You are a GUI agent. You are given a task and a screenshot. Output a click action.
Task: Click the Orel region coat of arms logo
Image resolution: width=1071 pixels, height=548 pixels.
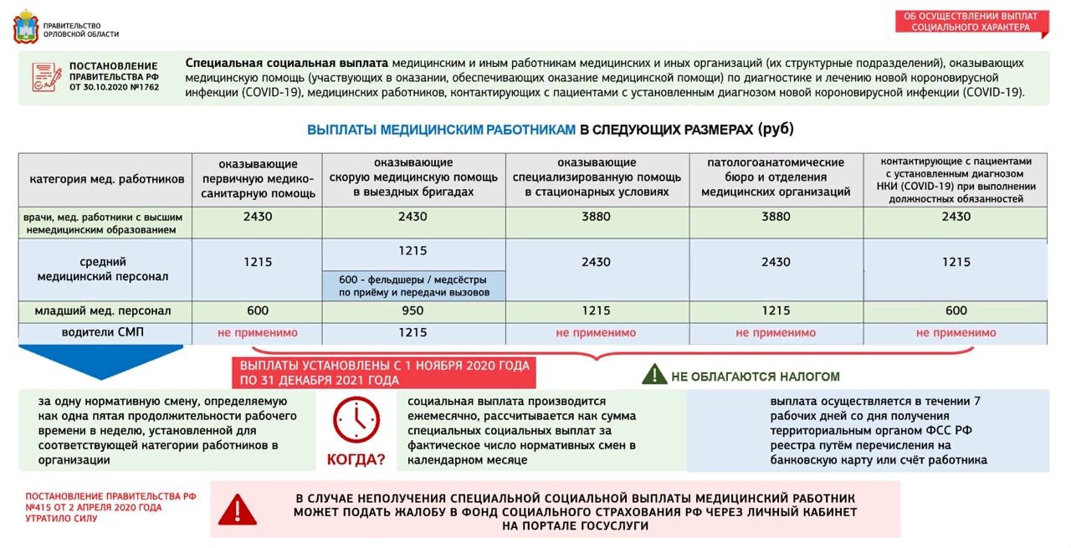(x=25, y=27)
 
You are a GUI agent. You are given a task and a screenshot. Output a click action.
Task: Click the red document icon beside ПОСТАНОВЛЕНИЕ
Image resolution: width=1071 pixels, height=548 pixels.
(x=46, y=77)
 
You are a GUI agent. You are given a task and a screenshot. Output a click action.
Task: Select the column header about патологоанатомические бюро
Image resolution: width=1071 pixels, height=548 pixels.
(x=776, y=177)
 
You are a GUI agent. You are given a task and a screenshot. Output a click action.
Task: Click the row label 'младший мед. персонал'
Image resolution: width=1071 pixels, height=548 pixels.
(x=103, y=311)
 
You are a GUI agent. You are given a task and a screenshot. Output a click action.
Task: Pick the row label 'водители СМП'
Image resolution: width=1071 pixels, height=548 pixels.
(x=103, y=332)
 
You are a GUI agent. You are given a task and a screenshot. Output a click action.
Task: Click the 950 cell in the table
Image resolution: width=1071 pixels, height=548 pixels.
(x=413, y=311)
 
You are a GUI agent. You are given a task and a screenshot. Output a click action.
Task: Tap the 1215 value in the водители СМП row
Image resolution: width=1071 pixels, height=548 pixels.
(x=413, y=333)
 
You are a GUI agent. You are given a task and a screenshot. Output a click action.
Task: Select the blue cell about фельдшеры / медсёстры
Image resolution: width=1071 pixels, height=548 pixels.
(x=413, y=285)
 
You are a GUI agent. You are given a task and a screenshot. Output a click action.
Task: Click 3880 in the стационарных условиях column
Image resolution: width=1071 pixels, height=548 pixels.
(x=597, y=217)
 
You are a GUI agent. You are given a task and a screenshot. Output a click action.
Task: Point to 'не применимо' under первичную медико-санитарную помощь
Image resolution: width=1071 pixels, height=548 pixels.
(x=257, y=333)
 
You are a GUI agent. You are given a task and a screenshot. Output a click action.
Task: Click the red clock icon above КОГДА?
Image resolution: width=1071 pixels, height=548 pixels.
(x=356, y=419)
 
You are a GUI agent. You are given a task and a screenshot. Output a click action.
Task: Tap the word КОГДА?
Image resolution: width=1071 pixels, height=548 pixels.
(x=356, y=459)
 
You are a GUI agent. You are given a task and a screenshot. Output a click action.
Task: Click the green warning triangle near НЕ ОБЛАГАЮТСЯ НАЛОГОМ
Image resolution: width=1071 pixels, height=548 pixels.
(x=653, y=374)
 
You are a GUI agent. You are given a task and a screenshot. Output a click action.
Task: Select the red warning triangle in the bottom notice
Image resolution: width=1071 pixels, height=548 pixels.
(x=238, y=509)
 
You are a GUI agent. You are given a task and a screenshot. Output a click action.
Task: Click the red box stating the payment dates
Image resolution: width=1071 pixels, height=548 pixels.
(x=384, y=373)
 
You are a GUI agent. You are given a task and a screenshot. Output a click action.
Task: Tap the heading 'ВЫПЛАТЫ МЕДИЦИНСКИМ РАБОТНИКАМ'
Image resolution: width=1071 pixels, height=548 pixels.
(x=441, y=130)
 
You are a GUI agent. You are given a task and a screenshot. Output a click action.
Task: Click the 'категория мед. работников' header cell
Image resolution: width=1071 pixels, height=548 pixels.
(x=106, y=178)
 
